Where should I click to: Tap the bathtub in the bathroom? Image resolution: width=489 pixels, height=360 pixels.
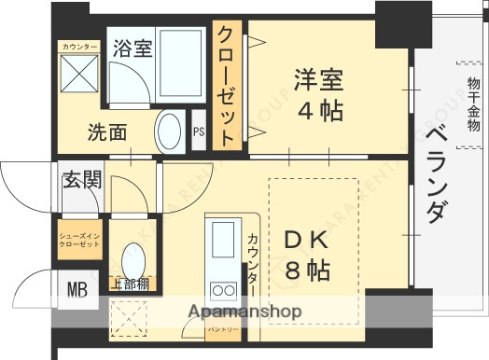[176, 60]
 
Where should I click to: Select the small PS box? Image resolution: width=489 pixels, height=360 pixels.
[199, 132]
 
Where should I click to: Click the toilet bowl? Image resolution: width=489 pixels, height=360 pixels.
[133, 258]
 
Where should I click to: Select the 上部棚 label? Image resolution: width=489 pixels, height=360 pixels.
[129, 284]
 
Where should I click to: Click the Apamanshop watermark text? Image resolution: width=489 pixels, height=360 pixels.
[244, 312]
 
